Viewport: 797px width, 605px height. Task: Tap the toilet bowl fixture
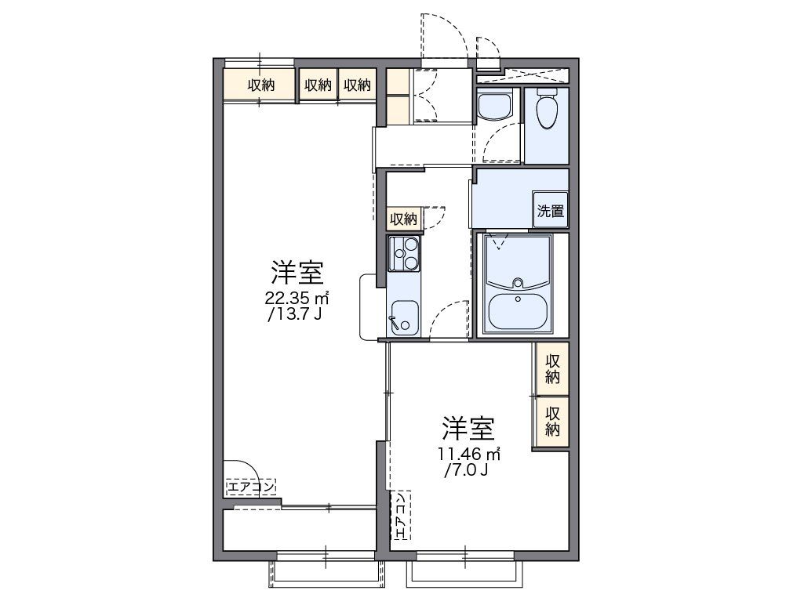pos(547,109)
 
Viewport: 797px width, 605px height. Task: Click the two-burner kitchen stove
pos(405,253)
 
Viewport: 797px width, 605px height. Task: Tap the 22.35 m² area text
pos(296,298)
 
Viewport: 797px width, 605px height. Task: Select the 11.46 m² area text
pos(468,453)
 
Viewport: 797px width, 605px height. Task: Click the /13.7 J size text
pos(294,314)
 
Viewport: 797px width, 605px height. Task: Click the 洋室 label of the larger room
pos(297,273)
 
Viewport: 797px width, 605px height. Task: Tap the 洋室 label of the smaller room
pos(468,429)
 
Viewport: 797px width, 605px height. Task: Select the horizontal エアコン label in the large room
pos(251,487)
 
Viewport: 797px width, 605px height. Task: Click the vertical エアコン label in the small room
pos(400,514)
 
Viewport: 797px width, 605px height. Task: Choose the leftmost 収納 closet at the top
pos(261,85)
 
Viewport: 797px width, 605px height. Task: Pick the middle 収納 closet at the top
pos(318,85)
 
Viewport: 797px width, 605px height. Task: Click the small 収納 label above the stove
pos(405,218)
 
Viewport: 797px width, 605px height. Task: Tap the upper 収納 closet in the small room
pos(552,368)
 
